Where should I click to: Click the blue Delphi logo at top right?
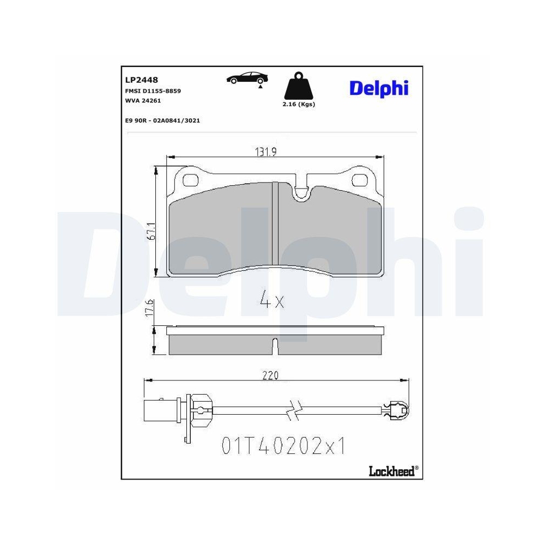[379, 88]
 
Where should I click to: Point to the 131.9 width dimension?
[267, 153]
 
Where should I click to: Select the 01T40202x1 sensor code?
[283, 446]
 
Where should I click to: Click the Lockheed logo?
[390, 471]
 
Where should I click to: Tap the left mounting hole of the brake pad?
[190, 179]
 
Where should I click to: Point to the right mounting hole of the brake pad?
[360, 179]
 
